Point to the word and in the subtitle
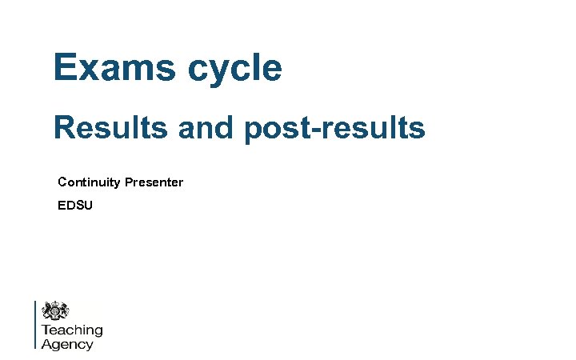click(x=206, y=127)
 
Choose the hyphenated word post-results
click(x=335, y=128)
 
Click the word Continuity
click(x=89, y=182)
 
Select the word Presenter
click(x=154, y=182)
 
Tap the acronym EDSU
click(x=75, y=206)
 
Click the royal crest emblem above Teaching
click(x=55, y=311)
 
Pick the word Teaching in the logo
click(x=72, y=330)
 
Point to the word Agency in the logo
click(x=67, y=344)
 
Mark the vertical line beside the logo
click(x=35, y=325)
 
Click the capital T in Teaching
click(x=46, y=329)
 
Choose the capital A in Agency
click(x=46, y=344)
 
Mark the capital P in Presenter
click(x=128, y=182)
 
